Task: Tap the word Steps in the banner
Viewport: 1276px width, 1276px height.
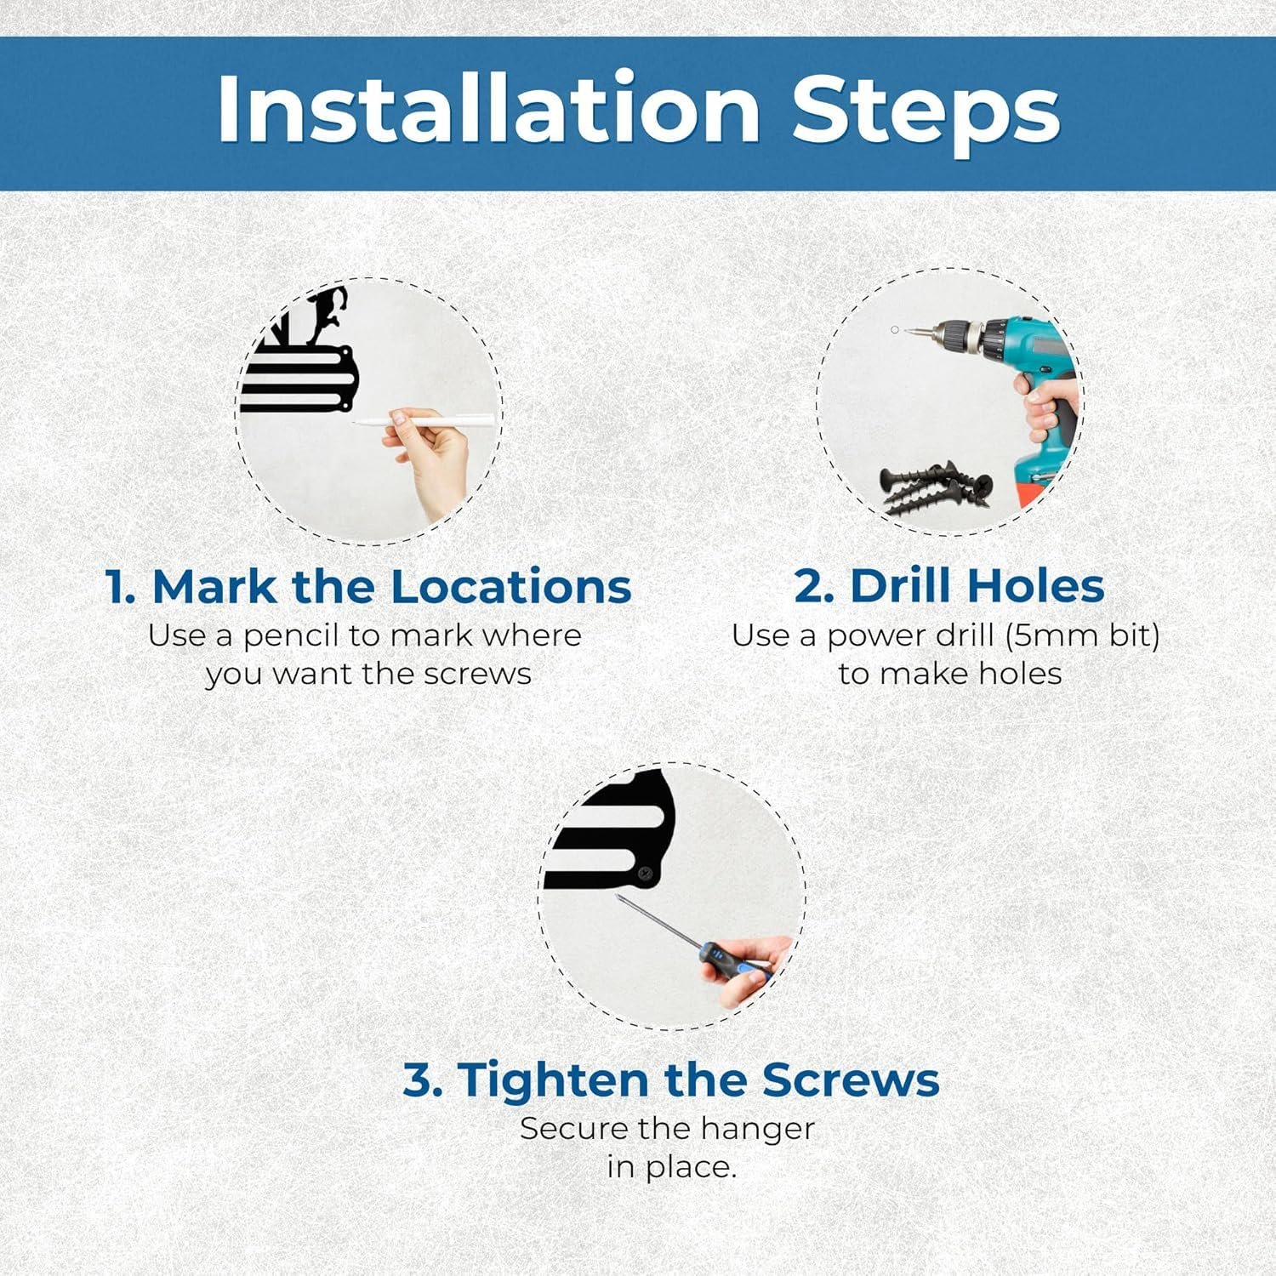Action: point(926,112)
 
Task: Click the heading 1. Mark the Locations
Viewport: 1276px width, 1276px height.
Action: point(368,586)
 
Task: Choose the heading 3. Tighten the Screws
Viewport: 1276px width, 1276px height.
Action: point(671,1079)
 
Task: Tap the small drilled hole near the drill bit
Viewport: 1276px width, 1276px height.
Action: point(894,330)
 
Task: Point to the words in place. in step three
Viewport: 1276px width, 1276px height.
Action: point(671,1167)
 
